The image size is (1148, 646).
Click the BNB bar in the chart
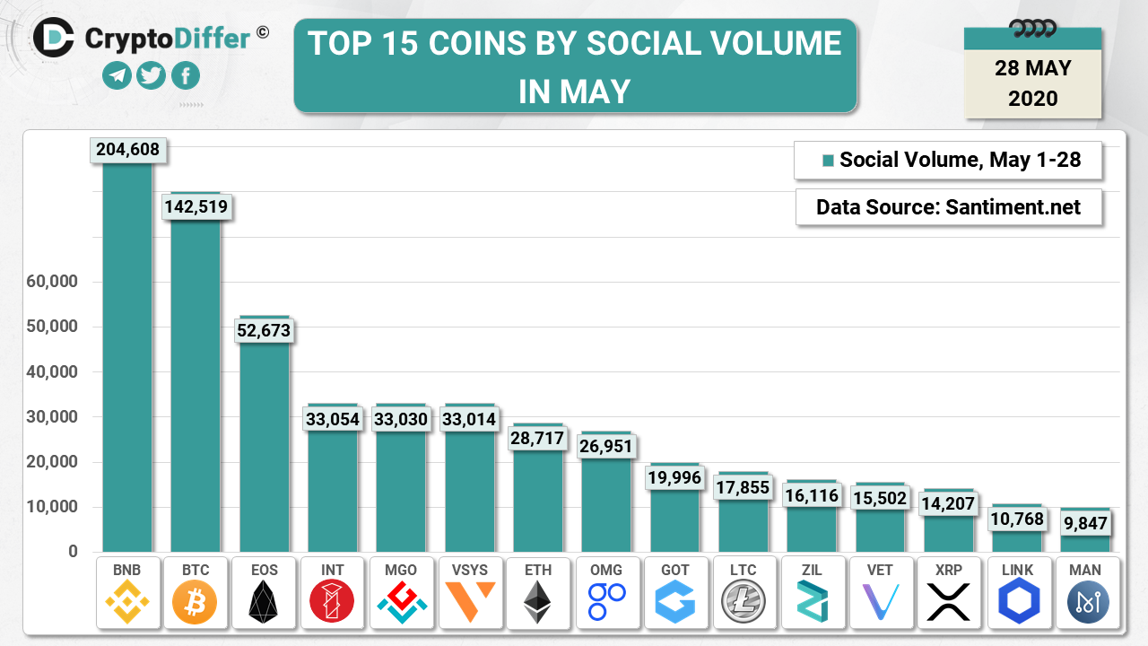127,359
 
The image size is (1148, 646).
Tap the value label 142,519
196,207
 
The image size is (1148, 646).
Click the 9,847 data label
1086,523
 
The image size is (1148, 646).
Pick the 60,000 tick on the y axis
52,282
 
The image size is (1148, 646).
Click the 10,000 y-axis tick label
52,507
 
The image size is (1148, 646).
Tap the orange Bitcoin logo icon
195,602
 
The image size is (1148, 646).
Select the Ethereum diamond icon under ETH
538,602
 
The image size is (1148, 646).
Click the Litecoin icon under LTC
744,602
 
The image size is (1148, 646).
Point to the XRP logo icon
949,602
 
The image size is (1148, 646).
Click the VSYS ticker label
470,570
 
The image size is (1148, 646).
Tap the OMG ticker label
607,570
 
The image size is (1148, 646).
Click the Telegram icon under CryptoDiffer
117,76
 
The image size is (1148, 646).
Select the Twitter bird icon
152,76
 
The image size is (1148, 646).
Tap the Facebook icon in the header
186,76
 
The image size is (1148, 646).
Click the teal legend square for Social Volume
828,161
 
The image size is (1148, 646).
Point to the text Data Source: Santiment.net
948,208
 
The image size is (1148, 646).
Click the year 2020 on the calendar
1032,98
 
